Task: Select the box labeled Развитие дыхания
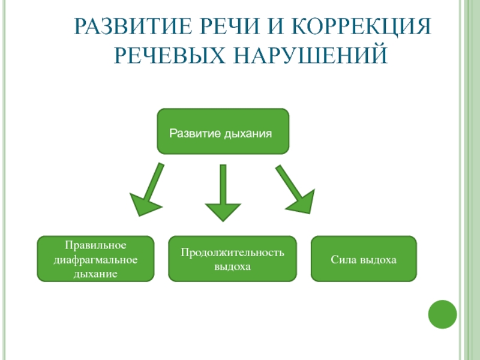click(x=223, y=131)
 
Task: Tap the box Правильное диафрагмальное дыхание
click(x=95, y=259)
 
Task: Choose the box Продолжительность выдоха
click(x=232, y=259)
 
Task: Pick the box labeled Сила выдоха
click(x=364, y=259)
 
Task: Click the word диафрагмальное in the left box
click(x=95, y=260)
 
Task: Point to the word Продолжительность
click(x=232, y=253)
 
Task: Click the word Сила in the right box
click(x=341, y=260)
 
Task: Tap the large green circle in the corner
click(x=443, y=314)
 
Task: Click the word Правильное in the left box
click(x=95, y=247)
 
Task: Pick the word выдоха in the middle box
click(x=232, y=266)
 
